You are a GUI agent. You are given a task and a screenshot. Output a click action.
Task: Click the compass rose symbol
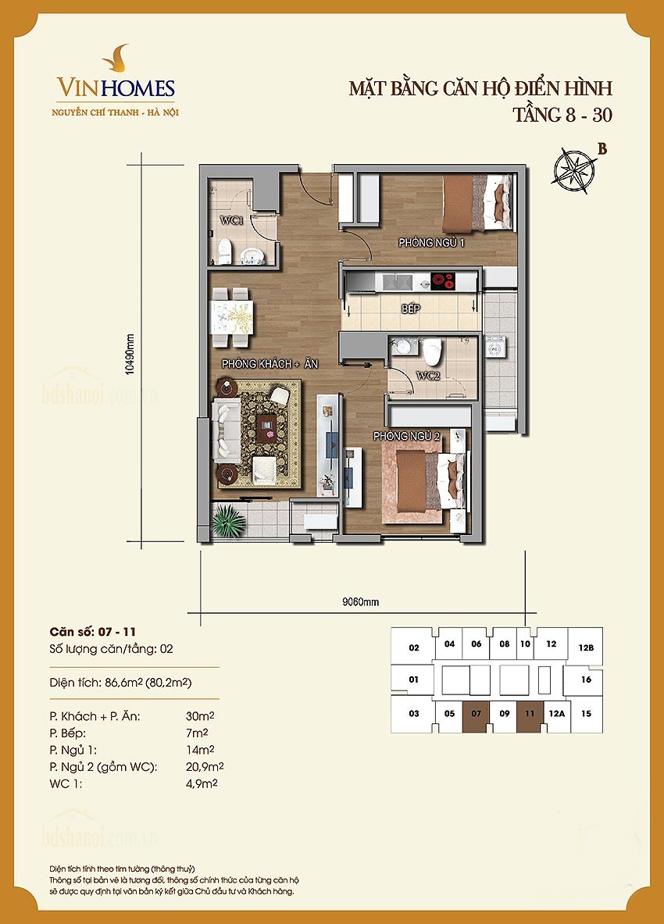point(574,171)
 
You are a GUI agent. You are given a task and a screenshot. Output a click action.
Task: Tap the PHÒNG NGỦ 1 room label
point(431,242)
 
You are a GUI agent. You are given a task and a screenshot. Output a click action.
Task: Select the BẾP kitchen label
point(410,309)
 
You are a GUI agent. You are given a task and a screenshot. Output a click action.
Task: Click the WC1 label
point(231,220)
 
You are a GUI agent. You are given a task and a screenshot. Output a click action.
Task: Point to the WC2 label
point(428,376)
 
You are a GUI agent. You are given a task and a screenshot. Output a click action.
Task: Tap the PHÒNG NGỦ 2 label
point(406,436)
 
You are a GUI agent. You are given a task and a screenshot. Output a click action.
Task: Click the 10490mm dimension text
point(130,354)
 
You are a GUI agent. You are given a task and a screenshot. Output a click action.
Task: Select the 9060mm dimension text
point(361,602)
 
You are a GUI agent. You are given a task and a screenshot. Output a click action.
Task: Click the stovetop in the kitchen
point(443,282)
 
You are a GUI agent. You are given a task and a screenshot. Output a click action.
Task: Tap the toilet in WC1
point(224,251)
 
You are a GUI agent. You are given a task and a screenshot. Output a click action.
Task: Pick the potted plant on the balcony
point(229,521)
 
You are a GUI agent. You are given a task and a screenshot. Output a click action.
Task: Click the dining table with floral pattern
point(231,317)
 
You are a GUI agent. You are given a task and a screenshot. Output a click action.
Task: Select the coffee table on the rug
point(268,427)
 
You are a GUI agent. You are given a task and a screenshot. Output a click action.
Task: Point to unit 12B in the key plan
point(585,647)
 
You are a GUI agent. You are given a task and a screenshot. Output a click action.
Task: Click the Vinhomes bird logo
point(116,58)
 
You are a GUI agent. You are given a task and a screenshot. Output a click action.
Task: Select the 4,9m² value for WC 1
point(202,783)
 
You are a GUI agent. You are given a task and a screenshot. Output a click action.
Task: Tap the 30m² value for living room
point(200,716)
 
